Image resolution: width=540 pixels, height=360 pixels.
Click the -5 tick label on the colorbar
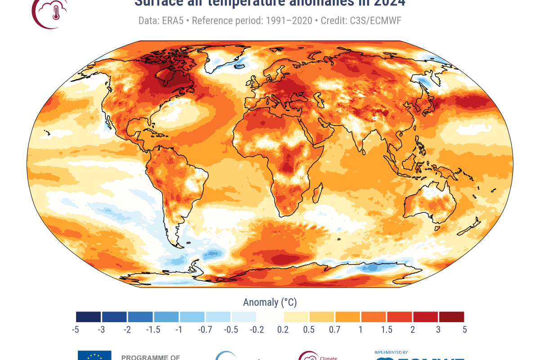[76, 329]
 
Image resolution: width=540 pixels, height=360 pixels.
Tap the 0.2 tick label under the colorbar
[283, 329]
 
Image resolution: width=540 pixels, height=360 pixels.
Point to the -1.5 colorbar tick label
[153, 329]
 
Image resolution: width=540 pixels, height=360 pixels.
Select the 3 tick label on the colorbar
[438, 329]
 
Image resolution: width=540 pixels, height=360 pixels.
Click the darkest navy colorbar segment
[89, 317]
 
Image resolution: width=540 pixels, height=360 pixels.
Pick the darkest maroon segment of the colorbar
[451, 317]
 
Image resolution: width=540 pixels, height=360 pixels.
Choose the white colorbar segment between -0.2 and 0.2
[270, 317]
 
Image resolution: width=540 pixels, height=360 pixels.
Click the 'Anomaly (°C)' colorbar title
[270, 302]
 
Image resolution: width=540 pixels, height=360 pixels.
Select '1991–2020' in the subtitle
[292, 21]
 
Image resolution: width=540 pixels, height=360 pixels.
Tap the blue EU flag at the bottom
[94, 355]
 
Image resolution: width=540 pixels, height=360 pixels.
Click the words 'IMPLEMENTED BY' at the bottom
[391, 352]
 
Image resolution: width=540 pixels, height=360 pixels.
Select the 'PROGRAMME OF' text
[150, 358]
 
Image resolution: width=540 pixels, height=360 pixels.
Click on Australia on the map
[430, 205]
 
